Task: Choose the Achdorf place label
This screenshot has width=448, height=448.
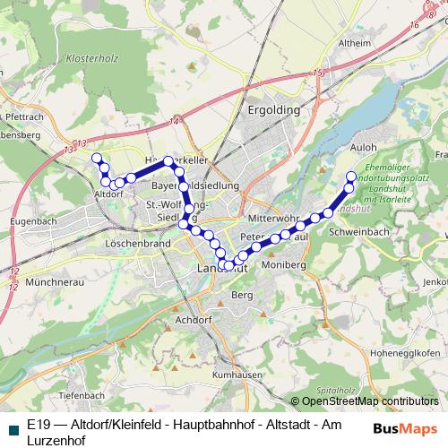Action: click(194, 318)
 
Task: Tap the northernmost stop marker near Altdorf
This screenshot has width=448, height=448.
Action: click(97, 158)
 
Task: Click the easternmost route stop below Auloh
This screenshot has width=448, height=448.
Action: click(351, 177)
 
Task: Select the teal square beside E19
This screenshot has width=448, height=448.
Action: click(11, 428)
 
